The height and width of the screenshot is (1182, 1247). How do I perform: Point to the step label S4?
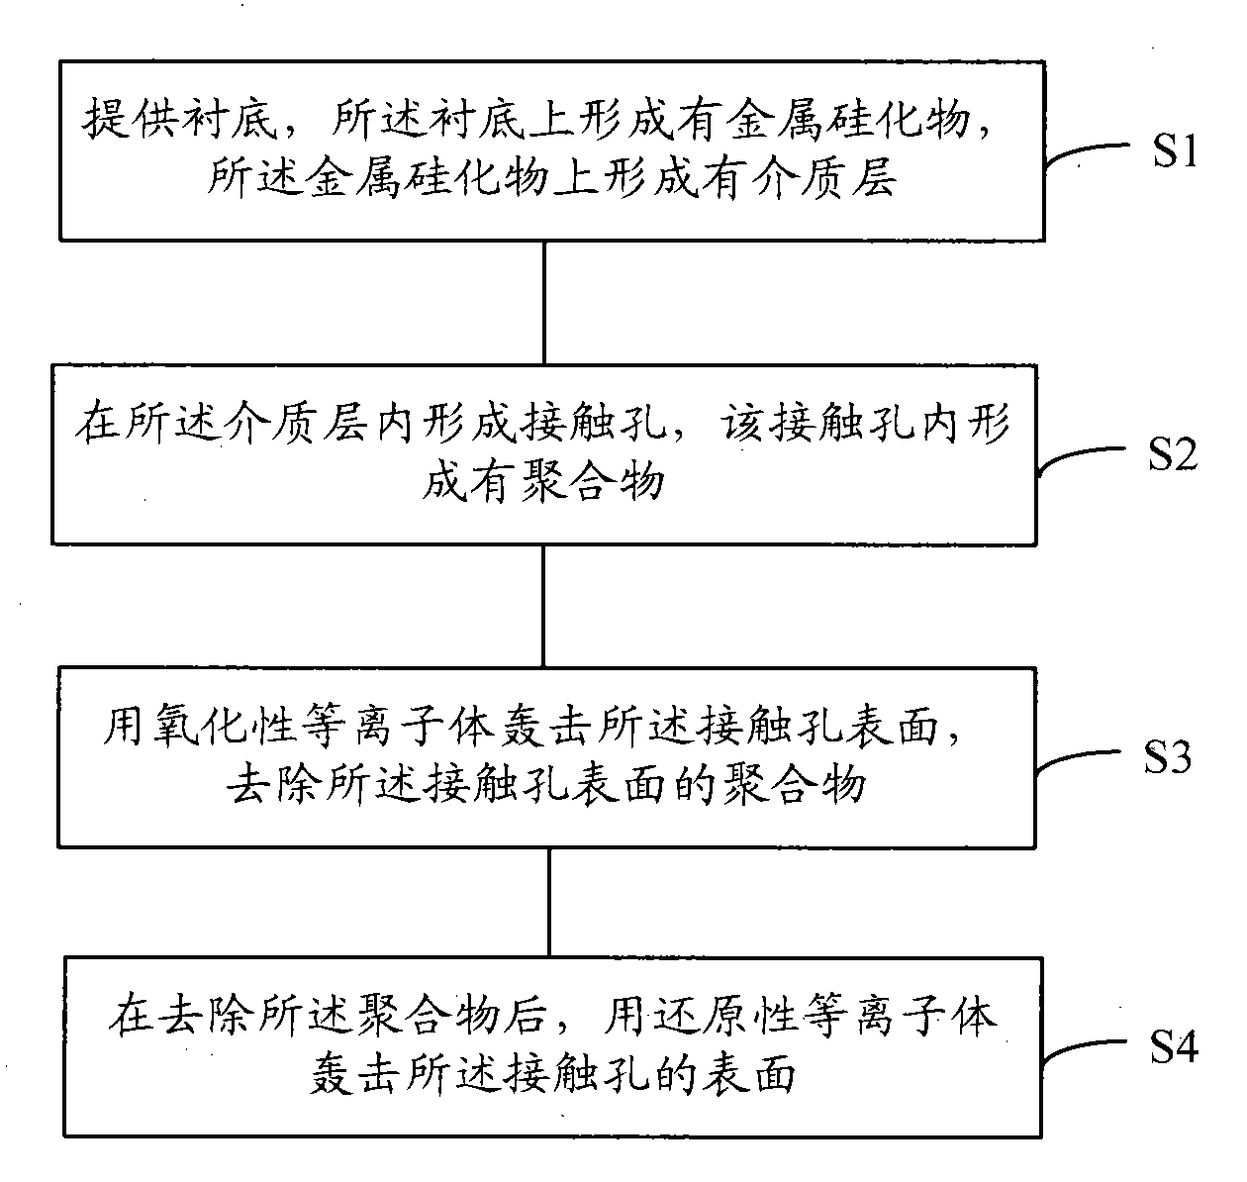click(1174, 1046)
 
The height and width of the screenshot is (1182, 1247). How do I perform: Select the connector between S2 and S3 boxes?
click(543, 605)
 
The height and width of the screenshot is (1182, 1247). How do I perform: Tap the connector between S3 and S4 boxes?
click(549, 900)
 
